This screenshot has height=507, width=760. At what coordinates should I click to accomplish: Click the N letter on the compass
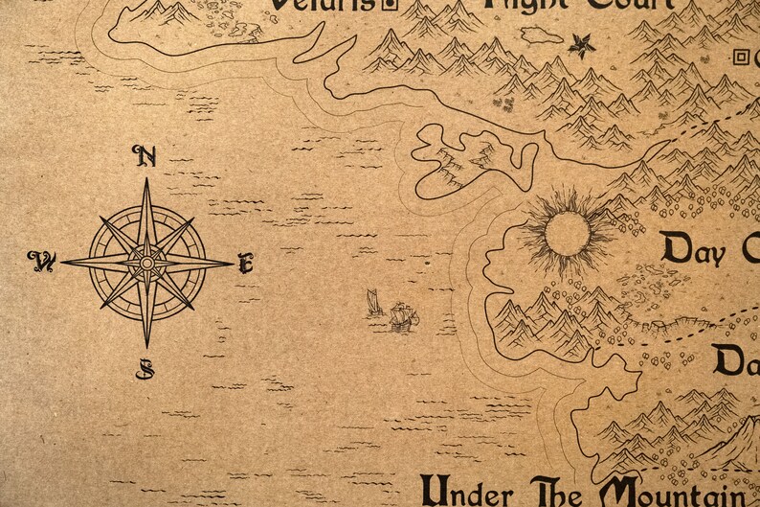(145, 156)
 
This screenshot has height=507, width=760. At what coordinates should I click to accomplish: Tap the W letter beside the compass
(41, 260)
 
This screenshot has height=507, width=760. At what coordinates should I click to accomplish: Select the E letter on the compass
(246, 263)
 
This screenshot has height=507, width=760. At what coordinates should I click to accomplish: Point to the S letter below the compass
(145, 368)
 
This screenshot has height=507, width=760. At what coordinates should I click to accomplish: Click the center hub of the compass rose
(147, 262)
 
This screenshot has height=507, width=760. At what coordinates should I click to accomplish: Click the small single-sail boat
(374, 304)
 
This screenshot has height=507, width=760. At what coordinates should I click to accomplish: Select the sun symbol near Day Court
(567, 233)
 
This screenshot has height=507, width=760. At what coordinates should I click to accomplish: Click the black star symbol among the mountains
(581, 44)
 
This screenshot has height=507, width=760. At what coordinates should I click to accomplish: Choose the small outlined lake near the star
(542, 35)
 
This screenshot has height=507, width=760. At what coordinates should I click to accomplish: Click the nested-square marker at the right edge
(740, 57)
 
